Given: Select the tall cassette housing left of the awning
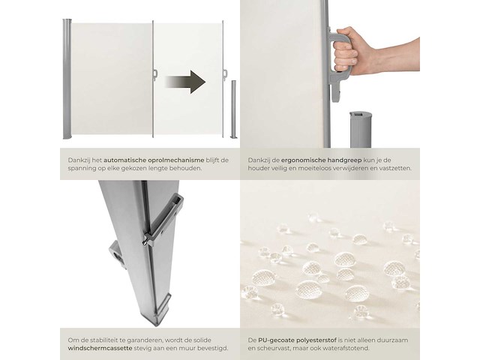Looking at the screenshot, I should coord(67,79).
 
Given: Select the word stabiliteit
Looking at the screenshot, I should coord(97,339).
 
